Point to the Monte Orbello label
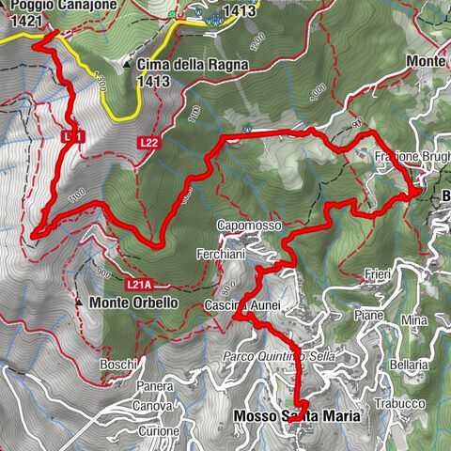133,303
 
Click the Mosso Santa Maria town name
285,416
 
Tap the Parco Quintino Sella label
278,356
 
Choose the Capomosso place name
249,226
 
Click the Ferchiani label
222,254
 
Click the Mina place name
413,320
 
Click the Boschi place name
120,364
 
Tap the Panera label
154,386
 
